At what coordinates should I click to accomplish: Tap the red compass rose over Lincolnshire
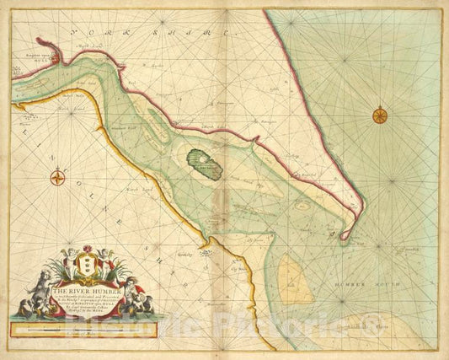pos(57,177)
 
